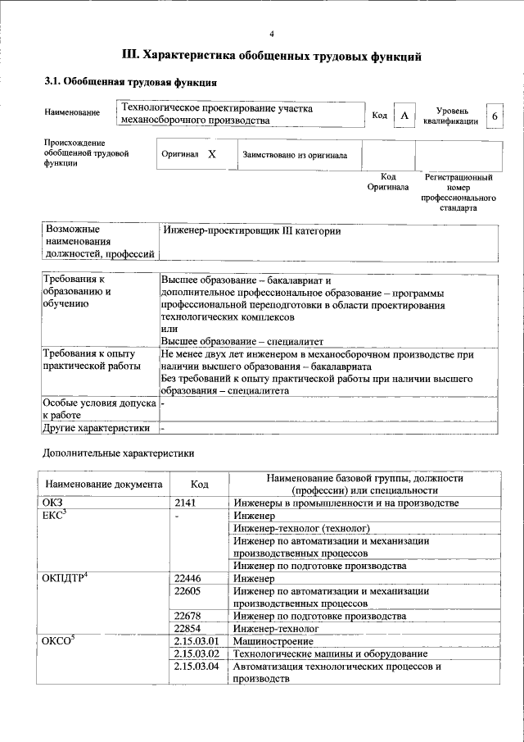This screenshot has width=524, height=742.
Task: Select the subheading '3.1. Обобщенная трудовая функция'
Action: tap(130, 83)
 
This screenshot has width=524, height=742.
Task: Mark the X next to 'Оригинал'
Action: tap(211, 154)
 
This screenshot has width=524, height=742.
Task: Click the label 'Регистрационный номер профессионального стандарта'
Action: tap(458, 193)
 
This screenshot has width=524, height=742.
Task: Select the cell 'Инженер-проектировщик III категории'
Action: tap(251, 231)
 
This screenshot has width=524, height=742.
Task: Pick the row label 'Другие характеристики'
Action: tap(97, 427)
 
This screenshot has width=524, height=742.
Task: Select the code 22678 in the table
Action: tap(190, 616)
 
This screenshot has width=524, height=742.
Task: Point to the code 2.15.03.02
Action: tap(197, 653)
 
